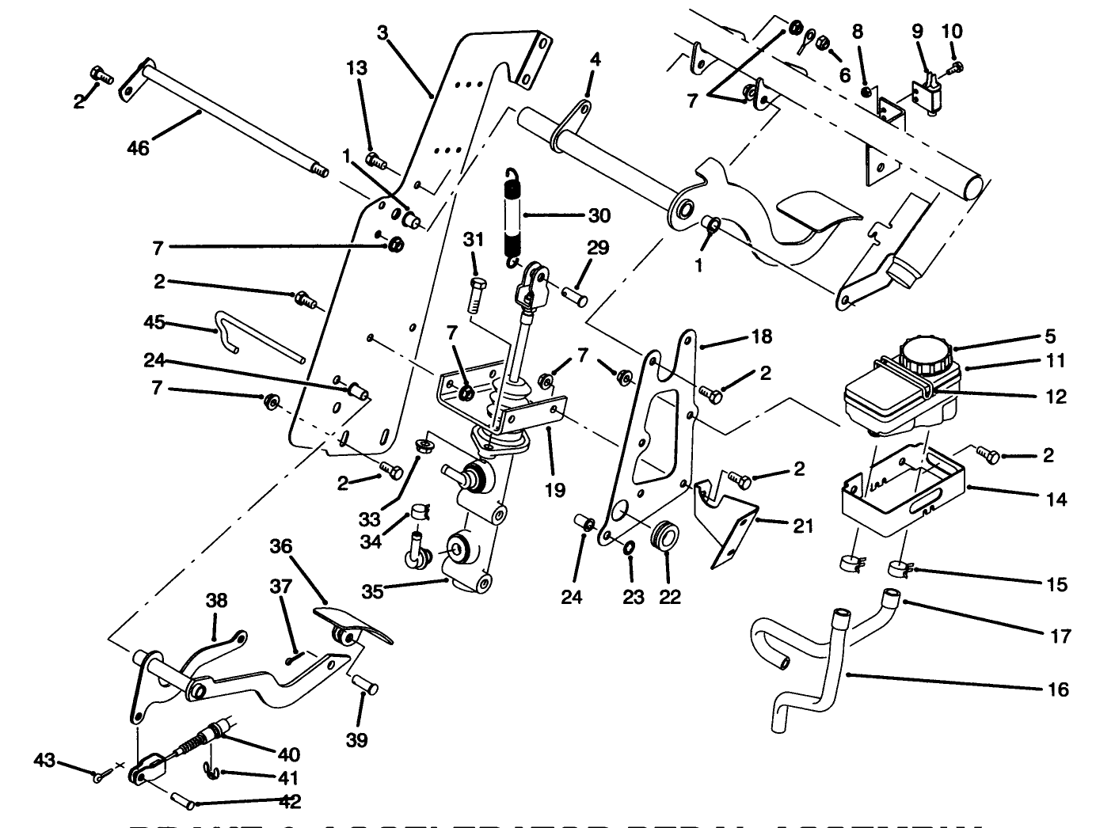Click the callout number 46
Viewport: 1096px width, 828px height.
[x=138, y=148]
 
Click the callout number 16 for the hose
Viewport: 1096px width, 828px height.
[x=1057, y=689]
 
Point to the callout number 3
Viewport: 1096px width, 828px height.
[x=382, y=32]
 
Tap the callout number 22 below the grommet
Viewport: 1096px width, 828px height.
[x=669, y=597]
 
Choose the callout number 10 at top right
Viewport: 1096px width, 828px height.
[x=952, y=32]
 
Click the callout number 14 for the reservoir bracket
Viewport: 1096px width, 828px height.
[x=1056, y=499]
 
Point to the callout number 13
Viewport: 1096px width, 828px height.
[x=357, y=68]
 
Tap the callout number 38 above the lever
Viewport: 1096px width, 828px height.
[x=216, y=601]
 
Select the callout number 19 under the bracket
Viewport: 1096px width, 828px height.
[x=555, y=490]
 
